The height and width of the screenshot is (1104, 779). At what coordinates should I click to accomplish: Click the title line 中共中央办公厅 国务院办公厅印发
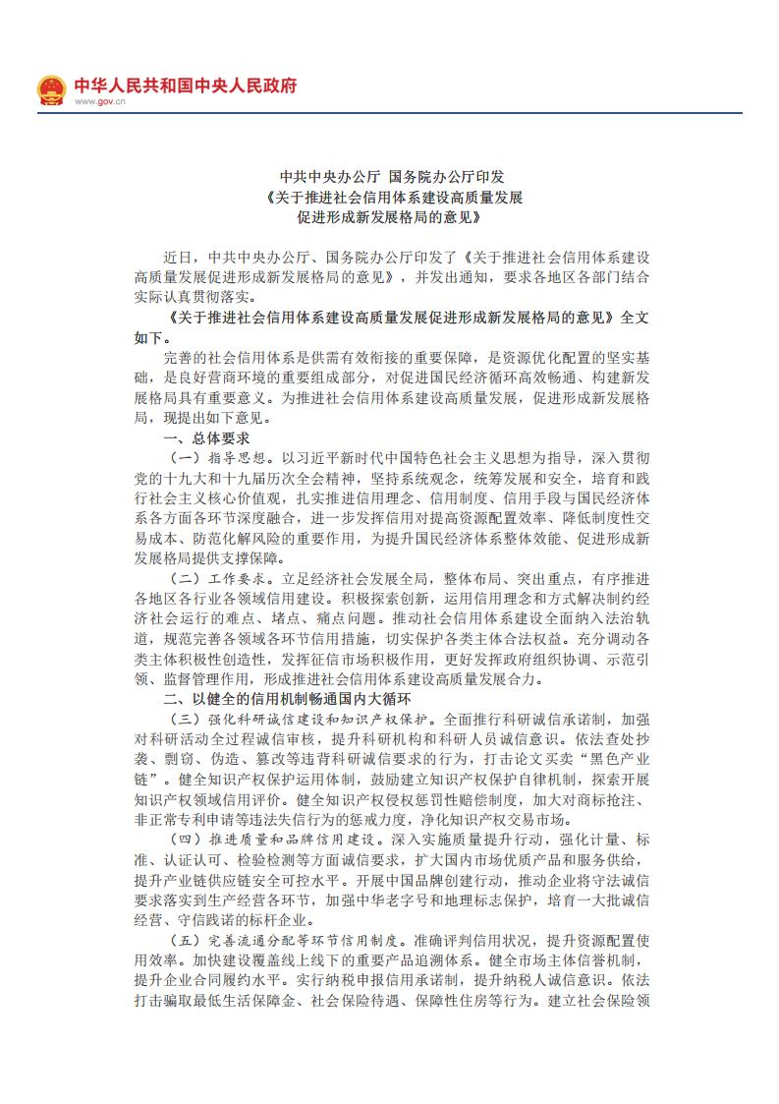(x=390, y=178)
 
